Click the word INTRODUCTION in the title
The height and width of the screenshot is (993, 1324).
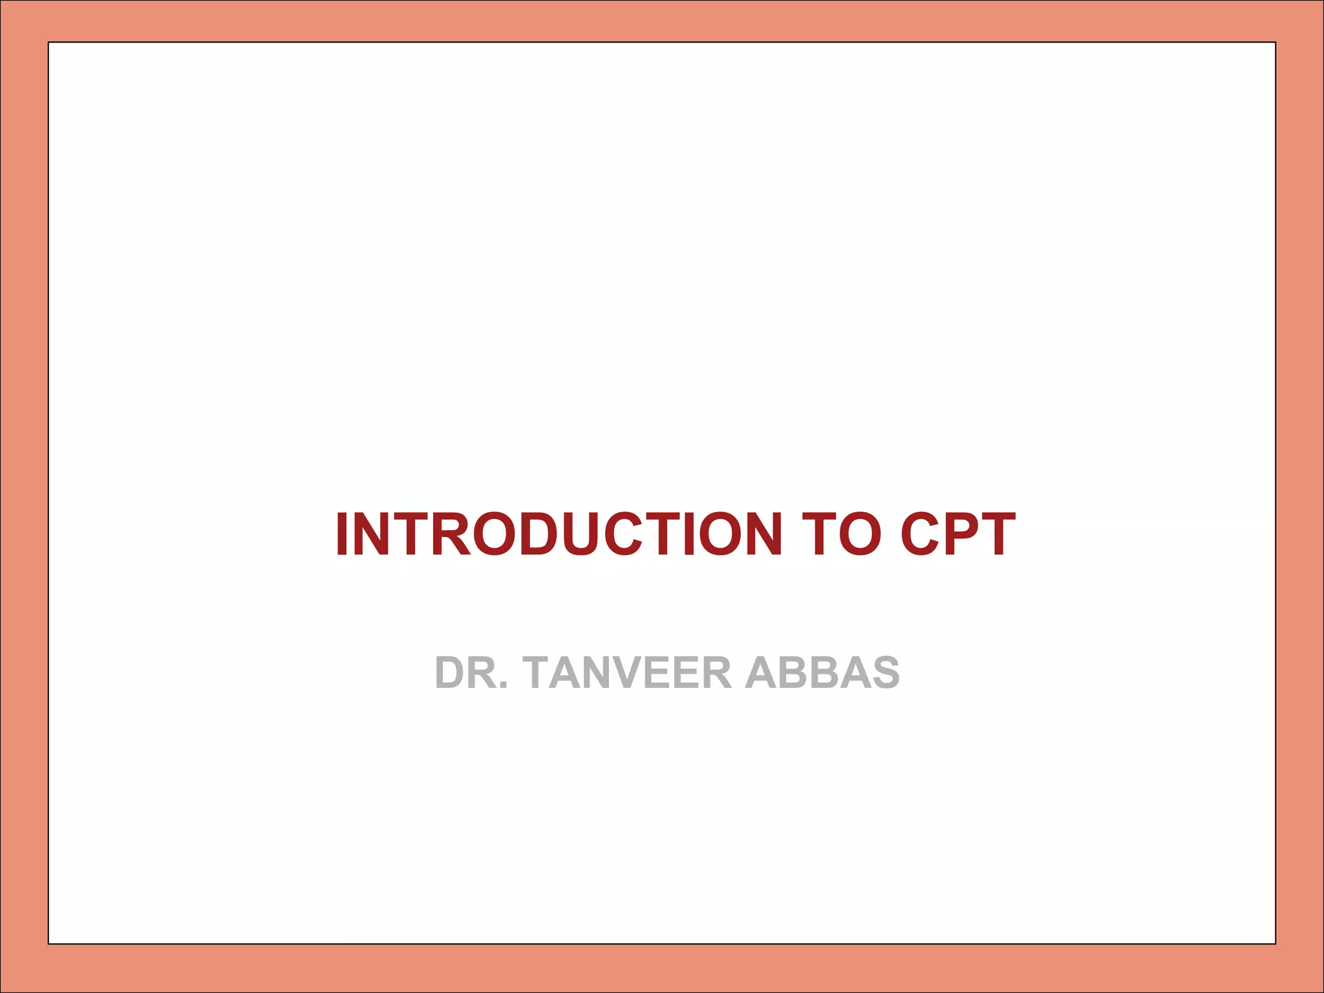[559, 534]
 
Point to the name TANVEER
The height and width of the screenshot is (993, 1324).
[627, 673]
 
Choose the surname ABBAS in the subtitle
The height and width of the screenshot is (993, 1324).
[822, 673]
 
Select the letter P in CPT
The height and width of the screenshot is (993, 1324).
[961, 534]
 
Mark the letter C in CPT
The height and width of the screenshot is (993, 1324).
[921, 534]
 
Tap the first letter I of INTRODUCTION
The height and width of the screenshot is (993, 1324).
[343, 534]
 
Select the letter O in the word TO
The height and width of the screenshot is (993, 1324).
[860, 534]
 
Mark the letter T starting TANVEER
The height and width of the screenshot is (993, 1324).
[540, 673]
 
